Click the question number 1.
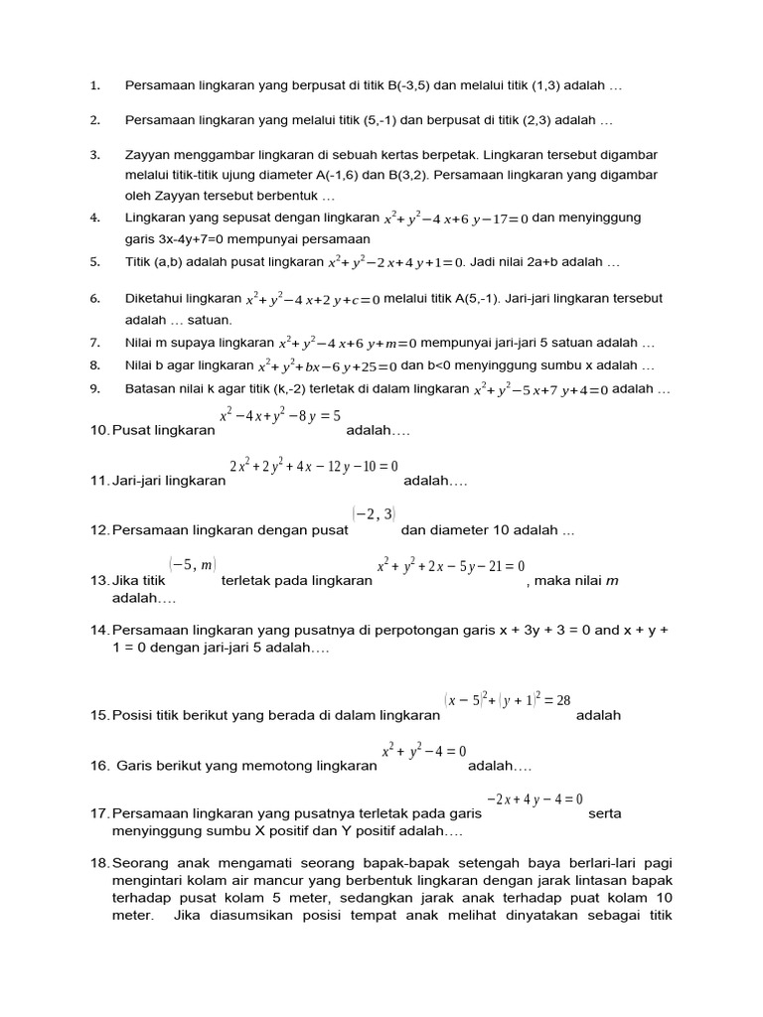coord(94,86)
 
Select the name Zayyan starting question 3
coord(147,155)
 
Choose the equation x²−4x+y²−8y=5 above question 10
coord(280,415)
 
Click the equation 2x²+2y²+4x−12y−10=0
coord(313,466)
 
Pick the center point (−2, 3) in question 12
coord(374,513)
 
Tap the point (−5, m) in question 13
coord(192,564)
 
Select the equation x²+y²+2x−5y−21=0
coord(450,565)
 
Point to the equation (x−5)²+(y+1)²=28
coord(508,700)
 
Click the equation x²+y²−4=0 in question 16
coord(423,751)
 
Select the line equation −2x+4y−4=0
coord(534,799)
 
